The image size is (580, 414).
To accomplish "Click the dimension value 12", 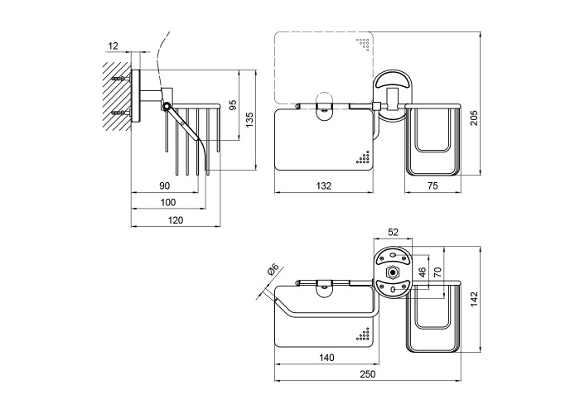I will click(113, 46).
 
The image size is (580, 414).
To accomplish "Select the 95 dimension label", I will click(233, 105).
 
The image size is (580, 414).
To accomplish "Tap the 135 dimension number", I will click(249, 120).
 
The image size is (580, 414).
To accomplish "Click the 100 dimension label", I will click(168, 202).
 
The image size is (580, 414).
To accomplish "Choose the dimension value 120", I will click(176, 219).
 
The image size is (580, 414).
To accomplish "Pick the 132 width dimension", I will click(324, 185).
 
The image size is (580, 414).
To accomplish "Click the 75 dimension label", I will click(432, 185).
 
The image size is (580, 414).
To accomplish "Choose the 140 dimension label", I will click(326, 358).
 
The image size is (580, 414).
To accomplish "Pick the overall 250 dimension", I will click(367, 374).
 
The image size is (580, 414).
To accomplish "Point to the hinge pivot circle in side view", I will click(166, 106).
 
